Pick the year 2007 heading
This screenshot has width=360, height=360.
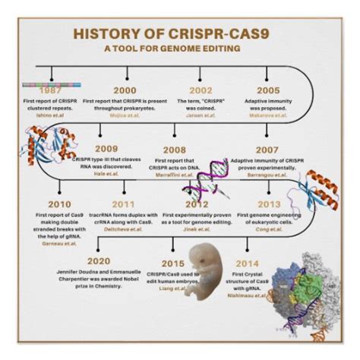click(x=267, y=150)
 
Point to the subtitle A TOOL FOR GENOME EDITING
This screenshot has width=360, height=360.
click(x=179, y=49)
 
